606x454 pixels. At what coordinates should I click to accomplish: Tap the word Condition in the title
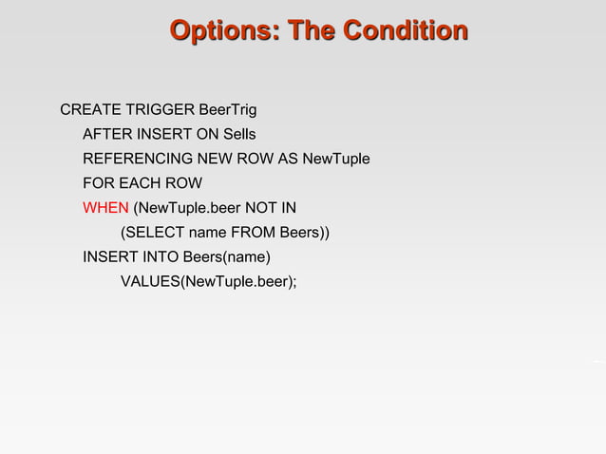(x=406, y=31)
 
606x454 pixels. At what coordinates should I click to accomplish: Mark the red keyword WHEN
(x=105, y=208)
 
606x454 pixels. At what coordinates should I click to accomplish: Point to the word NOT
(x=261, y=208)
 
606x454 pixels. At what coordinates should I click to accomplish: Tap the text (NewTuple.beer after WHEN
(x=187, y=208)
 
